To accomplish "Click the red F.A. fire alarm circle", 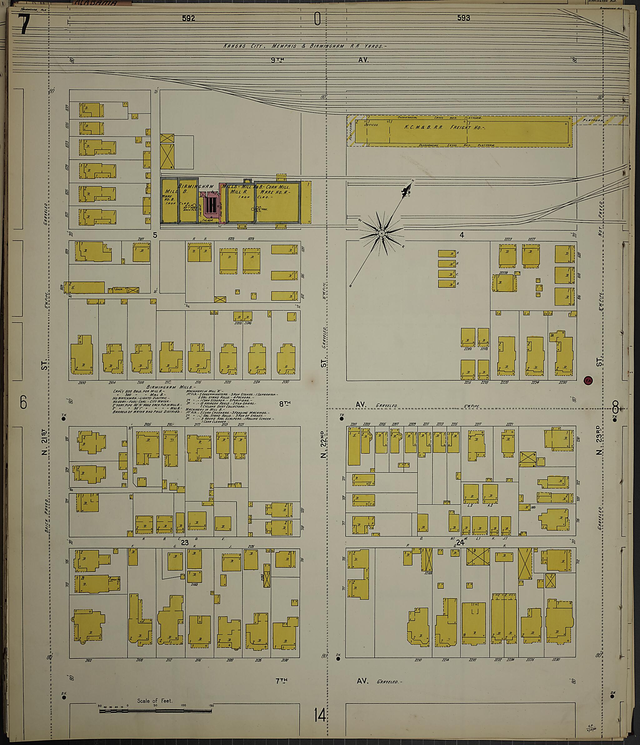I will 588,380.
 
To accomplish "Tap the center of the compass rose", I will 382,234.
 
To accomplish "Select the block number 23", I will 185,542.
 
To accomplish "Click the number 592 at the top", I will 188,18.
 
